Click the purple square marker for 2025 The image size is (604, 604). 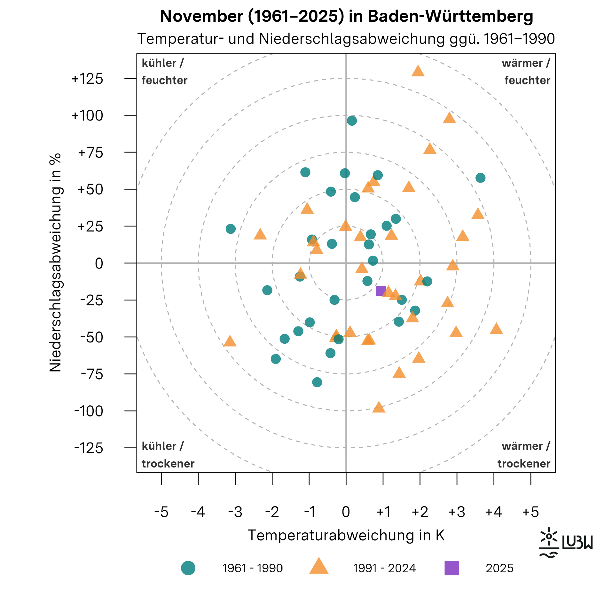(x=381, y=291)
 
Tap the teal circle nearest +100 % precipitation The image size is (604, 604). (x=352, y=121)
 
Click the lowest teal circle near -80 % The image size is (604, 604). (x=317, y=382)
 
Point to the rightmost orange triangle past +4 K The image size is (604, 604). (x=496, y=329)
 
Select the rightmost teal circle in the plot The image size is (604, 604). (x=480, y=178)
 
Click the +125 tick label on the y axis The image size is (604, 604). (x=87, y=79)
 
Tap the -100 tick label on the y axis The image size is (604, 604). (x=89, y=411)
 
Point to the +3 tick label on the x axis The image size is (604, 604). (x=457, y=512)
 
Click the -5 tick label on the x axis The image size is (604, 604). (x=161, y=512)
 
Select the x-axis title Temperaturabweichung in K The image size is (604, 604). (x=346, y=535)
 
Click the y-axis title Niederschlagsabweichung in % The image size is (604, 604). (x=55, y=263)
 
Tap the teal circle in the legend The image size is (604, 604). (x=188, y=568)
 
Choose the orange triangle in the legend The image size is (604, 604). (x=319, y=567)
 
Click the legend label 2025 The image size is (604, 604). (x=499, y=568)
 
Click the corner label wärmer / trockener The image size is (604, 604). (x=524, y=455)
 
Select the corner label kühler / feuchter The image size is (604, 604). (x=165, y=72)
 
